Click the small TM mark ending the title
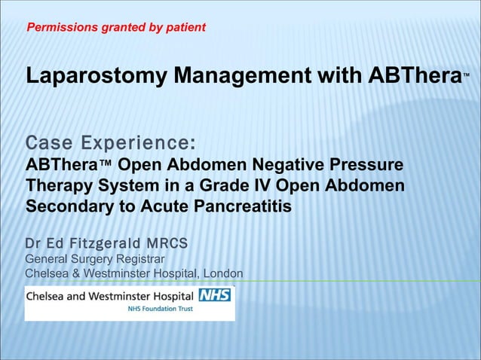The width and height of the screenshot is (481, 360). coord(467,75)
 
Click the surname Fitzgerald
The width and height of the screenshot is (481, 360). coord(102,244)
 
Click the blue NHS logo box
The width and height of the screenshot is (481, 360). coord(214,296)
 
